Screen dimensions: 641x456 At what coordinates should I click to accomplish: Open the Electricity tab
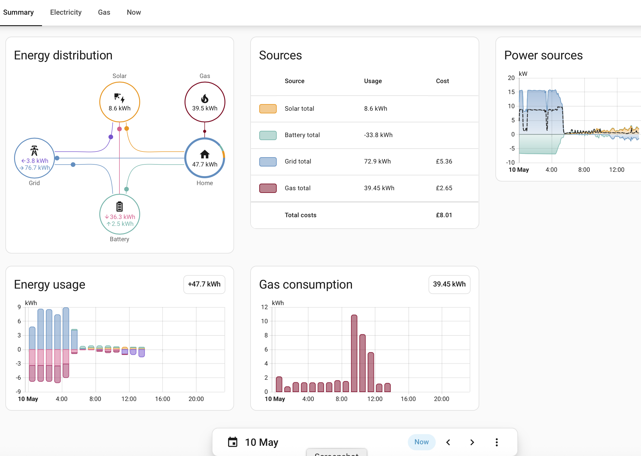pos(66,12)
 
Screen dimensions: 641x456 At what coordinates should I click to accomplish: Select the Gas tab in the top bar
pos(104,12)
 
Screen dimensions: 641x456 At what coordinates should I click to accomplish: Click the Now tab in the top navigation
pos(134,12)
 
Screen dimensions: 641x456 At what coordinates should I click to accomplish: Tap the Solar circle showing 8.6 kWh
pos(120,102)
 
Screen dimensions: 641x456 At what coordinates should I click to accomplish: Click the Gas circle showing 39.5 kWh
pos(205,102)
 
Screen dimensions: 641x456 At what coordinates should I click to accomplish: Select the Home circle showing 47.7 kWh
pos(205,158)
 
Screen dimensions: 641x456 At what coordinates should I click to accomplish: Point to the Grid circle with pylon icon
pos(35,158)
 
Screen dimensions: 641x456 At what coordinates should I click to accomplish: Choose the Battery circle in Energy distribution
pos(120,214)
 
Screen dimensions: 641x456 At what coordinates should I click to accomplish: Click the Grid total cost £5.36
pos(444,161)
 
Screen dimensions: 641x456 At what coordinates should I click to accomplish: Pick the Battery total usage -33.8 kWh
pos(378,135)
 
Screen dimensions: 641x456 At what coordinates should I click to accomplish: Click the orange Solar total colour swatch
pos(268,109)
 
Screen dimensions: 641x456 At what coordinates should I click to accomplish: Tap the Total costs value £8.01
pos(444,215)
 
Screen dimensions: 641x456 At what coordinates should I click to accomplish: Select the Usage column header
pos(373,81)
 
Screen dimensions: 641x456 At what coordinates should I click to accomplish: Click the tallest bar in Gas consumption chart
pos(354,353)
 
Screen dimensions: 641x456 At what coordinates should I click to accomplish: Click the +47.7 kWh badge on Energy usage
pos(204,284)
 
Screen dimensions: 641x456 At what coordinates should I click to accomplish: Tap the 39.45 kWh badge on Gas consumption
pos(449,284)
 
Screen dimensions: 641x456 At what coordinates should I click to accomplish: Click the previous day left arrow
pos(448,442)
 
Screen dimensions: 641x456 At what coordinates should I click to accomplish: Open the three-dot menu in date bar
pos(497,442)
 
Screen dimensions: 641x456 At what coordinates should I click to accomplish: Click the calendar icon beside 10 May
pos(233,442)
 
